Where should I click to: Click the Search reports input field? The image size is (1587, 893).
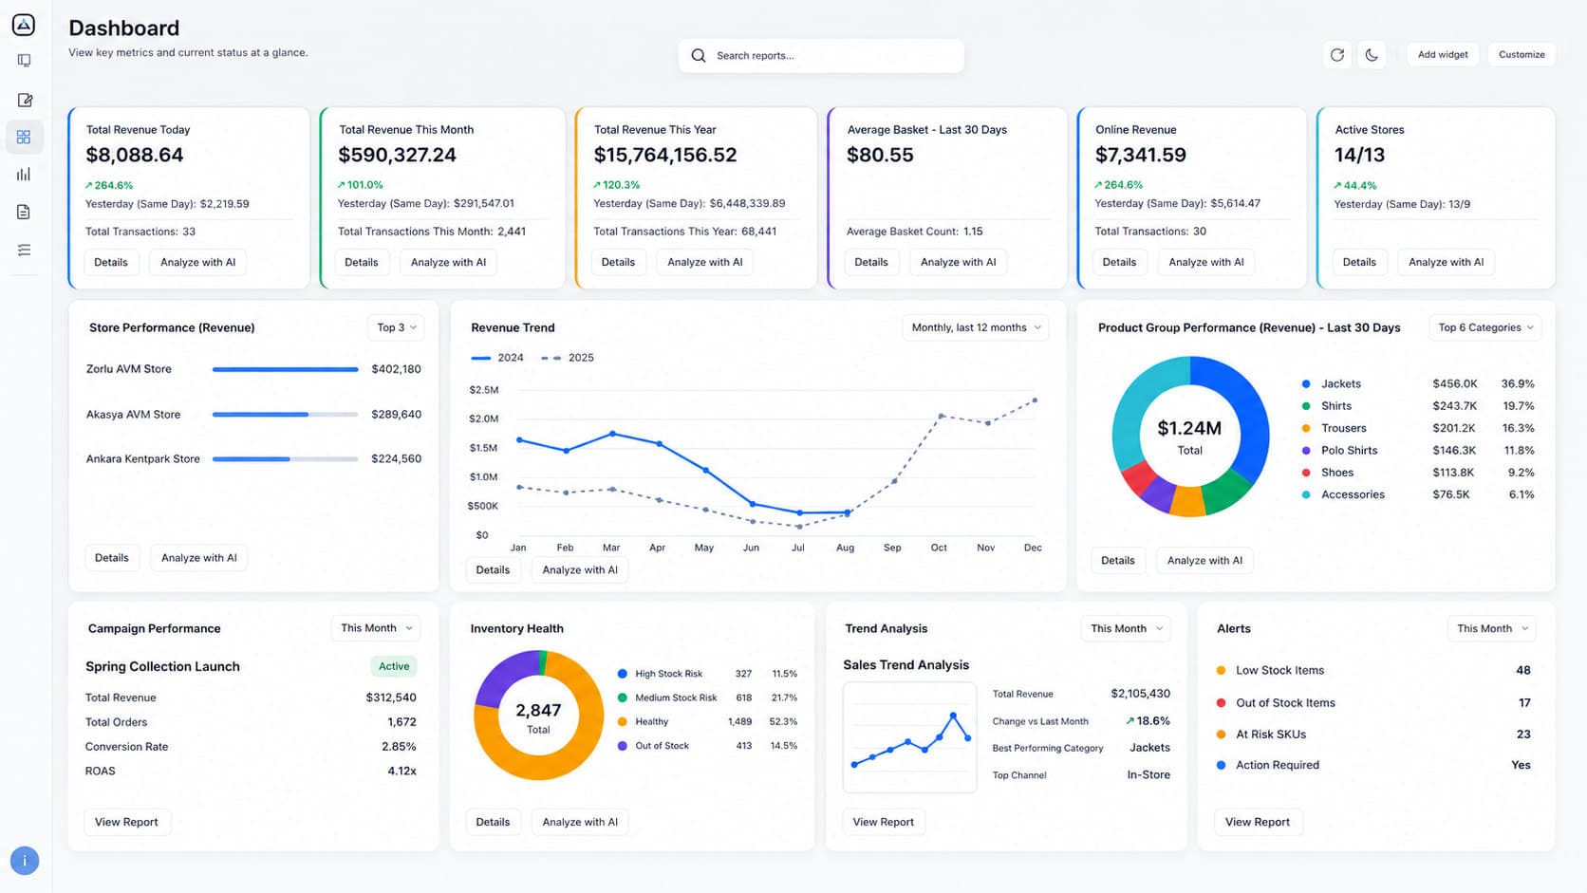(820, 55)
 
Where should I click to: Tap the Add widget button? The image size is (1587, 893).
(1443, 54)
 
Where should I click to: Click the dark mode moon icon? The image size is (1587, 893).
(1372, 54)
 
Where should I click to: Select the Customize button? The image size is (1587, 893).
(1522, 54)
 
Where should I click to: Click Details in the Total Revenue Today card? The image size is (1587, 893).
(110, 262)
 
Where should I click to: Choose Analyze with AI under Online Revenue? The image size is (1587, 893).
(1205, 262)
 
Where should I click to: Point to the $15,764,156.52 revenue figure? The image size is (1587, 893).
(665, 155)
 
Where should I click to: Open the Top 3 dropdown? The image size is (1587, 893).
(396, 327)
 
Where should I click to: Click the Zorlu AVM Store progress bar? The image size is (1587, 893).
(285, 369)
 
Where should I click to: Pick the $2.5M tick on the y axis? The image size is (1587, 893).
(484, 389)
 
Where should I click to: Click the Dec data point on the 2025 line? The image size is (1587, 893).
(1036, 400)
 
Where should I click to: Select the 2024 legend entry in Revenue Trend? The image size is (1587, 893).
(497, 358)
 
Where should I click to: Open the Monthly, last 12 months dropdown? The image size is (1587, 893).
(975, 327)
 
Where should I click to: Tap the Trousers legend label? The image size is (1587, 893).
(1343, 428)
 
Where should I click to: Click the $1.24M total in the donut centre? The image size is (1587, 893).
(1189, 428)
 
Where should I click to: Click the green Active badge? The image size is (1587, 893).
(394, 665)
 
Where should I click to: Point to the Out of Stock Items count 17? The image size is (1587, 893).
(1524, 702)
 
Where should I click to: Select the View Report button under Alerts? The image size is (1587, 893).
(1258, 822)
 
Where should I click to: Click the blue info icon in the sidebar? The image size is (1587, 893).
(25, 861)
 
